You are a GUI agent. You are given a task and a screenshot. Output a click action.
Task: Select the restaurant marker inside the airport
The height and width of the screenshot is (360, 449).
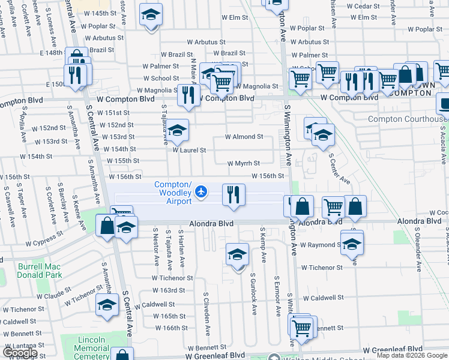coord(233,194)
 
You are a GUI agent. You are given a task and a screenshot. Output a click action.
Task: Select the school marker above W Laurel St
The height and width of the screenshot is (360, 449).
coord(177,129)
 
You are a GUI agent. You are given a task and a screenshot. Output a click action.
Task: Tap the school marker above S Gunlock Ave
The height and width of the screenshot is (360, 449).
coord(238,254)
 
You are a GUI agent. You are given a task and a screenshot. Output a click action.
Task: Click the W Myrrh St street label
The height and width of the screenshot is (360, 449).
coord(243,163)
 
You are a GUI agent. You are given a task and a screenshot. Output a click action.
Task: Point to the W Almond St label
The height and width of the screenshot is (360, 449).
coord(244,137)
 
